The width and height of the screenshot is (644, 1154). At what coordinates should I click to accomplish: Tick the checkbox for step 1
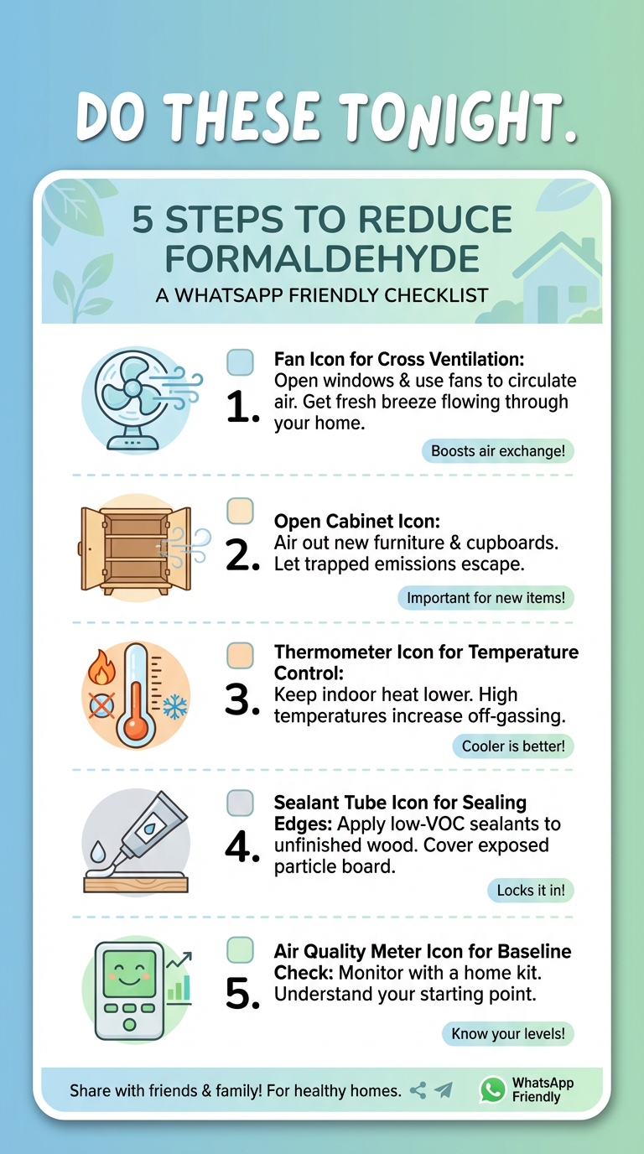tap(240, 361)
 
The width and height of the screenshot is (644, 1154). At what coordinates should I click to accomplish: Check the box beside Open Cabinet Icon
tap(240, 511)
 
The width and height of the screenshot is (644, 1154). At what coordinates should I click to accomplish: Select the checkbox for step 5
tap(240, 949)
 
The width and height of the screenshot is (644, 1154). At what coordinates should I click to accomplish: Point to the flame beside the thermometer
tap(101, 668)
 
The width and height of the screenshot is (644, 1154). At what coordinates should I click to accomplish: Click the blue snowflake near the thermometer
tap(175, 707)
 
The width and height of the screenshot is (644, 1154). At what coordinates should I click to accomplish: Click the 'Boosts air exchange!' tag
tap(498, 451)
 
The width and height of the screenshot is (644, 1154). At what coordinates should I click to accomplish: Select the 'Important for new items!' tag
tap(486, 598)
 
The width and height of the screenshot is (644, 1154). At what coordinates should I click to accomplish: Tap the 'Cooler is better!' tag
tap(513, 746)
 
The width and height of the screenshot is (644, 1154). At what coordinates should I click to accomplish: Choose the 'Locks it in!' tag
tap(531, 890)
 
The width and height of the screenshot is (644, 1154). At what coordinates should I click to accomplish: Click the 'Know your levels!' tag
tap(508, 1033)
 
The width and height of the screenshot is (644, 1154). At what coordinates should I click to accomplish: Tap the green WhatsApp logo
tap(493, 1089)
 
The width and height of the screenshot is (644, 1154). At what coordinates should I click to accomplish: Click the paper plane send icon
tap(444, 1089)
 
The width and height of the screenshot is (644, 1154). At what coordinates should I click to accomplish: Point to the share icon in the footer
tap(418, 1090)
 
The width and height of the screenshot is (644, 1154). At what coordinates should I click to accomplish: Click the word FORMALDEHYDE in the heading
tap(323, 258)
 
